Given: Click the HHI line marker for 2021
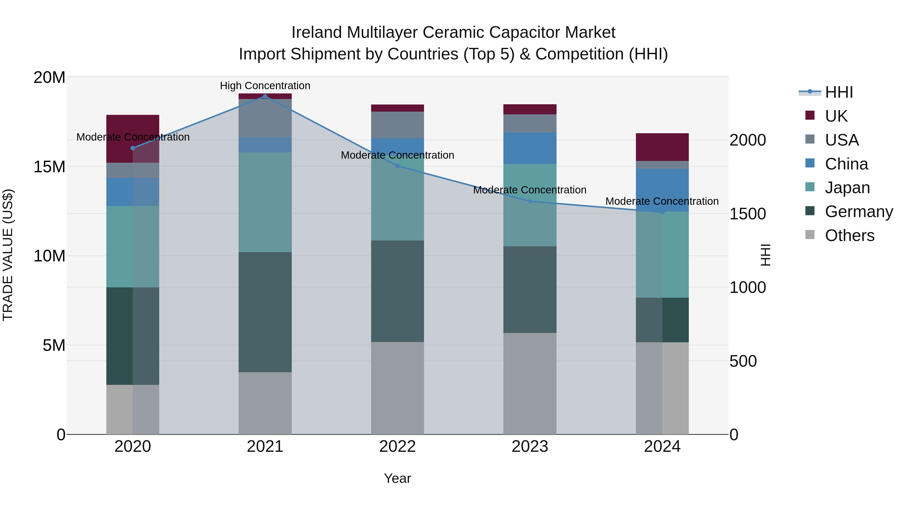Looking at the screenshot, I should pos(265,96).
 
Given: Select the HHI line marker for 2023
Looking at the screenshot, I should pos(530,201).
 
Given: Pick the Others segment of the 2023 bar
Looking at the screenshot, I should pos(530,383).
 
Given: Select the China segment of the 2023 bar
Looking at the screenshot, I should pos(530,148).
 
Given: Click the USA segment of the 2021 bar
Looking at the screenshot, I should pos(265,118).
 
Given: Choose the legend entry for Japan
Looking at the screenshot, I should pos(847,188).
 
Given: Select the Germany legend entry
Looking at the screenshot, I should pos(858,212).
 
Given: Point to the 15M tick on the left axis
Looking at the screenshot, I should pos(49,166).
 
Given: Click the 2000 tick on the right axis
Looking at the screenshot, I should pos(747,140).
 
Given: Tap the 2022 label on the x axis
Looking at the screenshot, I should pos(398,447).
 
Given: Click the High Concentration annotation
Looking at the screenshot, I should pos(265,86).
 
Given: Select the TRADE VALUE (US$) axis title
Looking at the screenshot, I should pos(8,255).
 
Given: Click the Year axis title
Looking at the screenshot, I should pos(398,478).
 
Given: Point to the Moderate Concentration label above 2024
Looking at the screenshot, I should pos(662,201).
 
